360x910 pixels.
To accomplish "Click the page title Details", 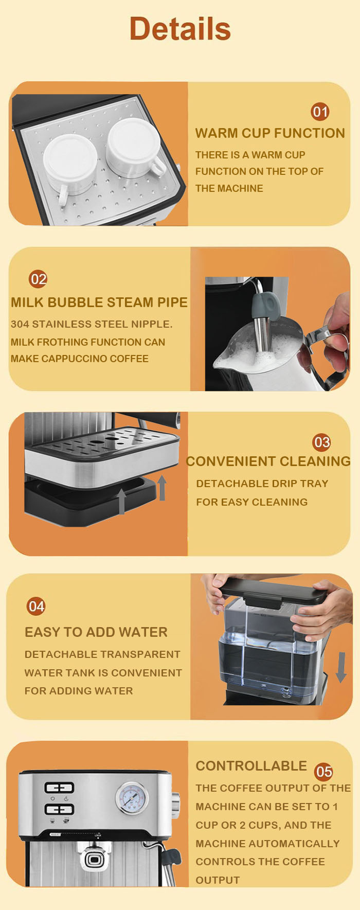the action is pyautogui.click(x=180, y=28).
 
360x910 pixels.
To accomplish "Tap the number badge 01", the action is pyautogui.click(x=320, y=112).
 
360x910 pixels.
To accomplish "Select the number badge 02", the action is pyautogui.click(x=38, y=279).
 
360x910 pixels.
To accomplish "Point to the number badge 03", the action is pyautogui.click(x=322, y=442).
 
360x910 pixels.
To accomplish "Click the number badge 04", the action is pyautogui.click(x=36, y=606).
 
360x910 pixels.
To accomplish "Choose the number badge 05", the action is pyautogui.click(x=324, y=772).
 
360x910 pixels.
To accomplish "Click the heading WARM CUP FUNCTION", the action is pyautogui.click(x=270, y=133).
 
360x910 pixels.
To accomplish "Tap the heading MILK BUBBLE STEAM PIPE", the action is pyautogui.click(x=99, y=302).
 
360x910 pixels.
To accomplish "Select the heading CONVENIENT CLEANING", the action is pyautogui.click(x=268, y=461).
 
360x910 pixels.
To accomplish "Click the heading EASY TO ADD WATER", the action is pyautogui.click(x=96, y=632).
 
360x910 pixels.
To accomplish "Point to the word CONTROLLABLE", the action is pyautogui.click(x=251, y=766).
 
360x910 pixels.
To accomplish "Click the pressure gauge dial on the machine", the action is pyautogui.click(x=131, y=798).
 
